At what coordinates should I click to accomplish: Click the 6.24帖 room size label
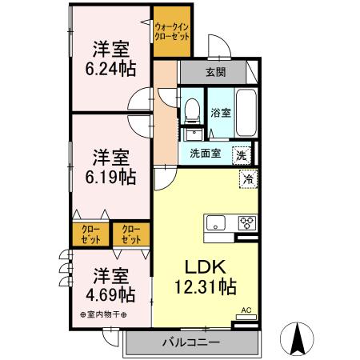point(110,69)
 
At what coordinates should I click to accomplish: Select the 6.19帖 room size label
point(110,174)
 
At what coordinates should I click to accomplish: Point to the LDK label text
point(205,266)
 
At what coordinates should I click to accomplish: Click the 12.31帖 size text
point(205,285)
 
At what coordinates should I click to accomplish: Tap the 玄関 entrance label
point(215,72)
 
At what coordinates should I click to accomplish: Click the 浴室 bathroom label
point(221,113)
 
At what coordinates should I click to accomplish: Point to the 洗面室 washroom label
point(205,154)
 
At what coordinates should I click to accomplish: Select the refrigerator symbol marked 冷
point(247,178)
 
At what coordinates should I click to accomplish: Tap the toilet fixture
point(192,110)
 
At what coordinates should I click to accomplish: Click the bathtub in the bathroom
point(247,114)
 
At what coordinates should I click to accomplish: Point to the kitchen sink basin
point(217,223)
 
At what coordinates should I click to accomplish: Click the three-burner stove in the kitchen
point(246,223)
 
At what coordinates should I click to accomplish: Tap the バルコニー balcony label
point(192,342)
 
